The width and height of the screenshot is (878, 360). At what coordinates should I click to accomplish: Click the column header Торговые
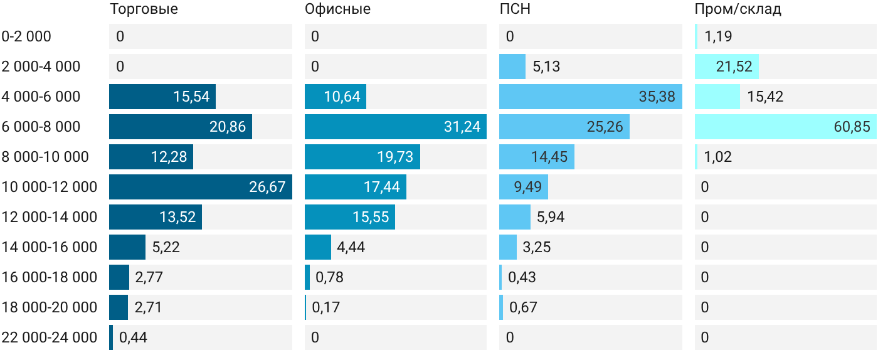click(x=144, y=9)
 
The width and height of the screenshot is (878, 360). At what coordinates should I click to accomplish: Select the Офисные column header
click(x=337, y=9)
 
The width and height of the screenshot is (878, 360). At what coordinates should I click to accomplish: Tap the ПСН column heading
click(x=515, y=9)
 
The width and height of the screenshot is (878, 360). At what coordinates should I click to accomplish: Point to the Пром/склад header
click(x=738, y=9)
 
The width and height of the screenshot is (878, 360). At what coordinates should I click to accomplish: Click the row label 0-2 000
click(x=26, y=36)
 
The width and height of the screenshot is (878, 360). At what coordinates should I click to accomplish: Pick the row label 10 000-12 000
click(x=50, y=187)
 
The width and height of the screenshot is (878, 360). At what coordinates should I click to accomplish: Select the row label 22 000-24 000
click(x=50, y=337)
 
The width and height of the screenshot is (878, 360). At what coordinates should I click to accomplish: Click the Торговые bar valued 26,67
click(x=201, y=187)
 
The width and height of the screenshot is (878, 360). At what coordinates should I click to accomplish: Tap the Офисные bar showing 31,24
click(x=396, y=127)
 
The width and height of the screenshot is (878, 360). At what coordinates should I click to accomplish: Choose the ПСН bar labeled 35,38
click(x=591, y=97)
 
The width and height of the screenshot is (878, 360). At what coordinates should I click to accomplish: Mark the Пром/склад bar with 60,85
click(x=786, y=127)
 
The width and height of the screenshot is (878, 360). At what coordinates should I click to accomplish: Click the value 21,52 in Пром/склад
click(x=734, y=66)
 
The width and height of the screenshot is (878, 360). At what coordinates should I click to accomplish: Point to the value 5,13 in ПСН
click(x=546, y=66)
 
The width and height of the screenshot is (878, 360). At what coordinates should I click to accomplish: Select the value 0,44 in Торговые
click(x=133, y=337)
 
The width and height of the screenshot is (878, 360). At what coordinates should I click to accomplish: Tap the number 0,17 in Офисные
click(x=325, y=307)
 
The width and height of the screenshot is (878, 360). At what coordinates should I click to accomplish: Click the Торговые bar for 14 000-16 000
click(x=127, y=247)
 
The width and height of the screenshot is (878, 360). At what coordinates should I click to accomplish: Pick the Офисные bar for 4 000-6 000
click(x=336, y=97)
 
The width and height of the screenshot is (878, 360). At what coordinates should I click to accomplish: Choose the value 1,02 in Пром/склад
click(x=718, y=157)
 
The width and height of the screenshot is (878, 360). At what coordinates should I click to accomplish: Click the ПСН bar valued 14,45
click(x=537, y=157)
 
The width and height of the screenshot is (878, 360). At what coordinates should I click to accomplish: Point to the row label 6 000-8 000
click(x=41, y=127)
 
